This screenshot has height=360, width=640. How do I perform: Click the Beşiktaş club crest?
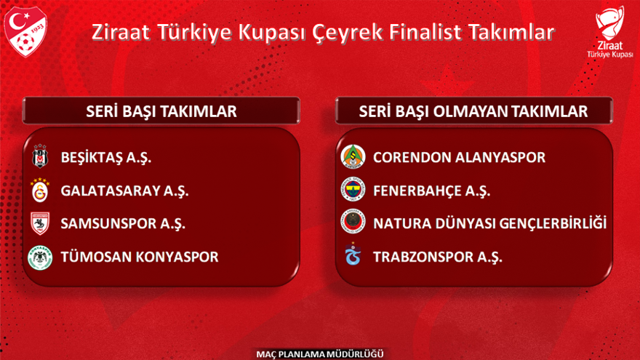[40, 156]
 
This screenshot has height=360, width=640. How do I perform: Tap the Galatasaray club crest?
[40, 191]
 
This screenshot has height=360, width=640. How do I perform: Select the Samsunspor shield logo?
[40, 223]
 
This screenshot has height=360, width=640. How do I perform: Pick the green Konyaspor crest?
[40, 257]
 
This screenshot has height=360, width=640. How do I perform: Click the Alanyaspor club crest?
[353, 156]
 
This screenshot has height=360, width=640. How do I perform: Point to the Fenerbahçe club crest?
[353, 189]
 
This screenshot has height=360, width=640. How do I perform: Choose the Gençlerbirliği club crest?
[353, 222]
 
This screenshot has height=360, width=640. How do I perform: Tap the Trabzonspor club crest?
[353, 254]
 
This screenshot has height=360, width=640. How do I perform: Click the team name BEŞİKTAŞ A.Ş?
[106, 158]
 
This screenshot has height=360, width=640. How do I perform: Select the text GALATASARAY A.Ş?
[124, 191]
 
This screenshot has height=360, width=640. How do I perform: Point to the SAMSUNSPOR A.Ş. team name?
[123, 224]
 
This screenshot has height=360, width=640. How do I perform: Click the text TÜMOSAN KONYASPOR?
[140, 257]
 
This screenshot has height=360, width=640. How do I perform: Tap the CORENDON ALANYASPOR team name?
[459, 158]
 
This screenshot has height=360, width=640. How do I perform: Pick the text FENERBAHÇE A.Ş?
[431, 191]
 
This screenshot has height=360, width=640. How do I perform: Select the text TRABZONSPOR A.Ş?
[438, 257]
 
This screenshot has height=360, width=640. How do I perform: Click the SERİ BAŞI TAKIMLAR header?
[161, 111]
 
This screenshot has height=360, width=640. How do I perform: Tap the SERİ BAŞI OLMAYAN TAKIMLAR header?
[473, 111]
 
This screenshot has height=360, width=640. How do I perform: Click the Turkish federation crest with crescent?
[25, 31]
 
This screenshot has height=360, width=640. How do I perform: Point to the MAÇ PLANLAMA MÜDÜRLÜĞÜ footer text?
[320, 354]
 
